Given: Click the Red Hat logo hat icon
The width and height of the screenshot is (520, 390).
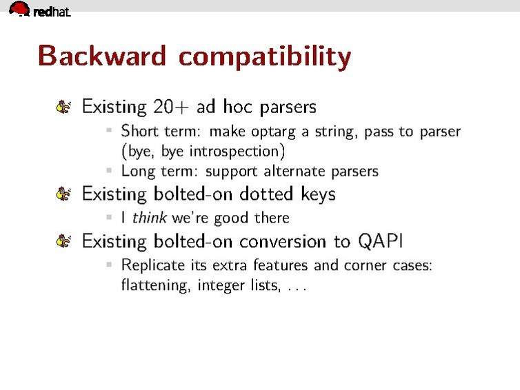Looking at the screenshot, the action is [19, 8].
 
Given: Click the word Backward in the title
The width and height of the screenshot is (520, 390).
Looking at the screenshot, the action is [102, 56].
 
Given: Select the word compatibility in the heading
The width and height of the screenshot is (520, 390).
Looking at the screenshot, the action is [265, 58].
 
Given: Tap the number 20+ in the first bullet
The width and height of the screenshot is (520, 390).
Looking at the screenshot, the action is [171, 107].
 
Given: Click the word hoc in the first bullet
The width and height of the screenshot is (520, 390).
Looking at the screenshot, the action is [237, 107].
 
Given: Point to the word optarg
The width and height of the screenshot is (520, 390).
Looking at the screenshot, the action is [273, 132].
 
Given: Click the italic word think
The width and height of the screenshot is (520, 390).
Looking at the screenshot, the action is [149, 218].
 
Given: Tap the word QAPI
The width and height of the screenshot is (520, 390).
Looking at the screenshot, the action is [381, 241].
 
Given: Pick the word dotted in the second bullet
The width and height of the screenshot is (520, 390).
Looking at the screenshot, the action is [266, 194].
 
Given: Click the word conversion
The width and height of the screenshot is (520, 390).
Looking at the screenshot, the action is [283, 241].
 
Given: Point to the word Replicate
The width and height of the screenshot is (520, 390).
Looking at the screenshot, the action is [153, 265].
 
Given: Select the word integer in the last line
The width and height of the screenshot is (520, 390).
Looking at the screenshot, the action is [221, 285].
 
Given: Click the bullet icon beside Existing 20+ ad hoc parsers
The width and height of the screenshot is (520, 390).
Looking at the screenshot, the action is [63, 107].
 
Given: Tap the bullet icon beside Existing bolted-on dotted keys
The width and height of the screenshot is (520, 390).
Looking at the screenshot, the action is [63, 194].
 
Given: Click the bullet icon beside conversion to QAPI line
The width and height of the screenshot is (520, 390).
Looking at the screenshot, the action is [63, 241].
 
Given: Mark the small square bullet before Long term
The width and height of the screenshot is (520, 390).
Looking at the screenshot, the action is [109, 170].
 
